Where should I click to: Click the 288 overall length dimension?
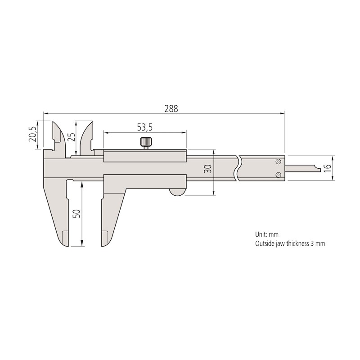tap(171, 108)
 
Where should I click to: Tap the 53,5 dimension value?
tap(145, 128)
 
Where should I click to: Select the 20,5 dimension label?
tap(32, 134)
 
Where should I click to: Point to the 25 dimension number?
tap(72, 137)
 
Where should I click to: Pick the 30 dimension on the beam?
tap(207, 169)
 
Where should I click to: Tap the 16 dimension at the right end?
tap(327, 168)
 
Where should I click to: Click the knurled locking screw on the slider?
tap(145, 143)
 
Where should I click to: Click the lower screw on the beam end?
tap(279, 175)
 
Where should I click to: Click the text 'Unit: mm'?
tap(267, 235)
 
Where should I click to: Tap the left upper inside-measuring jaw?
tap(56, 135)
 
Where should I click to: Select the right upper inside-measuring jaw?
tap(87, 135)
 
